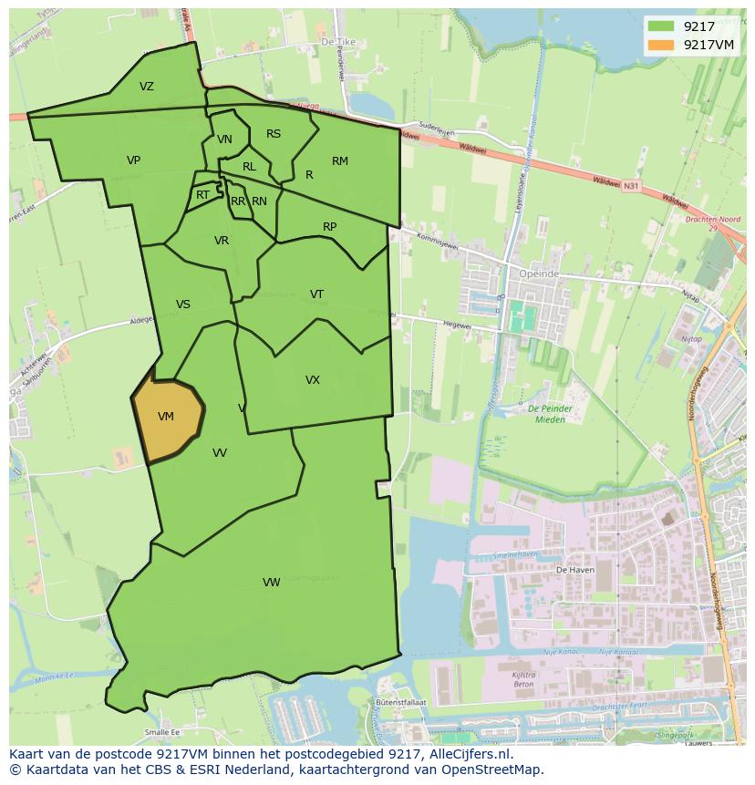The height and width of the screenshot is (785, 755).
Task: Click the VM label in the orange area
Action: (x=165, y=417)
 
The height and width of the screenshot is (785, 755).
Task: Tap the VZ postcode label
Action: (x=147, y=87)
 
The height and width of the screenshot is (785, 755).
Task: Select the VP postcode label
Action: (x=133, y=160)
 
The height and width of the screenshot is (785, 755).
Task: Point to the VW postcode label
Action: (x=271, y=582)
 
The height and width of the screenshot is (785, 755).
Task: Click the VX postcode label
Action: (x=312, y=380)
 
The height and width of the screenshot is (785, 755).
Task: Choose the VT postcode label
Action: (x=316, y=294)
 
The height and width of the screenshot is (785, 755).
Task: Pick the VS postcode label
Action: (x=182, y=305)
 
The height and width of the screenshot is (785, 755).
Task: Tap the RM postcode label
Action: (x=339, y=161)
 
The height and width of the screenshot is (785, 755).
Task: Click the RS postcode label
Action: (x=274, y=134)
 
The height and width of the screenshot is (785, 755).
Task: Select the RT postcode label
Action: (x=202, y=195)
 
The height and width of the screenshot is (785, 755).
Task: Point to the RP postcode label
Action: (x=329, y=227)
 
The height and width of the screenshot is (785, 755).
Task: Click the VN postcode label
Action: (x=224, y=139)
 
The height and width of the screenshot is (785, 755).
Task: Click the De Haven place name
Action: (x=574, y=568)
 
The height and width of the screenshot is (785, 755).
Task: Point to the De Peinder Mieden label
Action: (x=547, y=414)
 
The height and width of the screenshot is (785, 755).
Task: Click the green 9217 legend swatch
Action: (x=662, y=27)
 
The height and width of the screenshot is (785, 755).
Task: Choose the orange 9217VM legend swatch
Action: (x=662, y=44)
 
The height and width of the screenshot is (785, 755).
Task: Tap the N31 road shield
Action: (x=627, y=185)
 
